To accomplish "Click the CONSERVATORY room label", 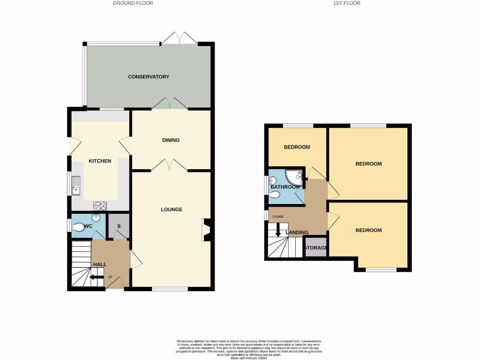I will click(x=148, y=76).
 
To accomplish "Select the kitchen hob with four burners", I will click(x=100, y=205).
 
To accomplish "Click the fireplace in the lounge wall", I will click(x=206, y=230).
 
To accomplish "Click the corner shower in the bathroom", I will click(x=295, y=176).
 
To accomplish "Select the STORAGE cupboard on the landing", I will click(x=316, y=248).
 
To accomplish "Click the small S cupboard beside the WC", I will click(x=119, y=226).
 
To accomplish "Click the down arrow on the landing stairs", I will click(x=278, y=230).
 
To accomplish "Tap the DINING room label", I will click(x=171, y=140).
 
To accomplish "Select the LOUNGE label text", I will click(x=172, y=210).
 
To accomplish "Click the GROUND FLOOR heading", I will click(x=133, y=3).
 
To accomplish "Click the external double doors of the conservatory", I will click(x=180, y=38).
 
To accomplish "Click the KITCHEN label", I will click(x=100, y=161).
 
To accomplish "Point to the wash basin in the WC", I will click(x=96, y=218).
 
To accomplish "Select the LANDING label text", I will click(x=297, y=232).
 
